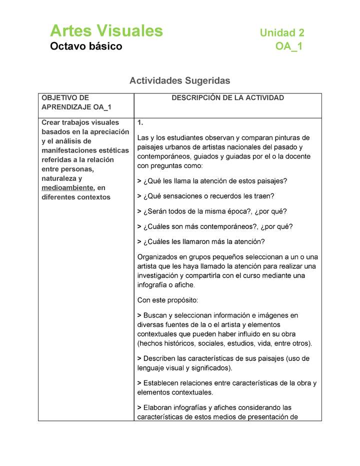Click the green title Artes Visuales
pos(106,31)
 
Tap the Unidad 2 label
pos(281,33)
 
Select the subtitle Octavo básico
pos(85,46)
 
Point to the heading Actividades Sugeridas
pos(179,80)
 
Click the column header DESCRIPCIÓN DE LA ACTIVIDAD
pos(227,98)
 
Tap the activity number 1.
pos(140,122)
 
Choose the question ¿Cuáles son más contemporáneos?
pos(215,226)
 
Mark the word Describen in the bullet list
pos(160,358)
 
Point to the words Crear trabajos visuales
pos(80,122)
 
